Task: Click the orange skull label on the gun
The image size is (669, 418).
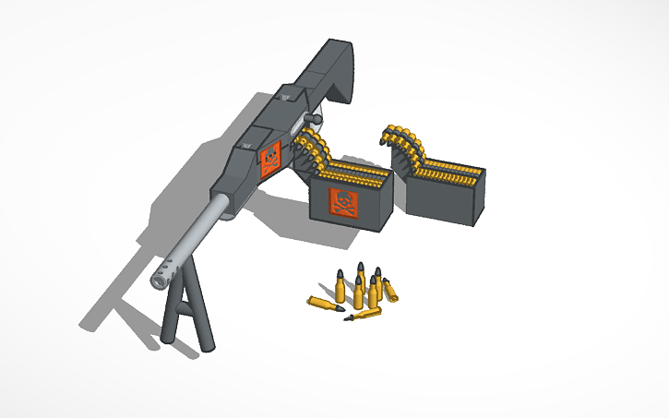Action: (x=269, y=159)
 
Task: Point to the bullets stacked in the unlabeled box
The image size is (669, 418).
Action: (x=452, y=172)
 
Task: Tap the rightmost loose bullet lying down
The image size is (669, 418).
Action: (x=390, y=291)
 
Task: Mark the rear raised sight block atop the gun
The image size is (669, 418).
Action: (x=287, y=91)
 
